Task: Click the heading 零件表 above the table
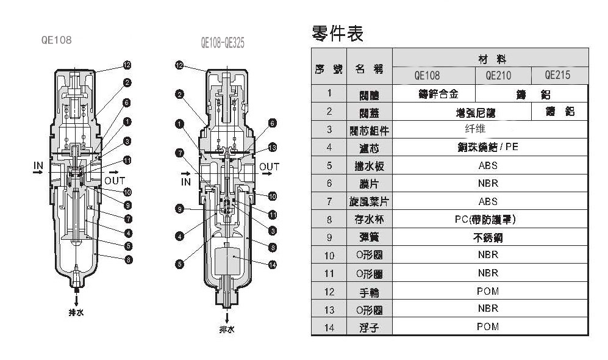[337, 34]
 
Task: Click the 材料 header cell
[491, 59]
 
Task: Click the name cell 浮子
[369, 328]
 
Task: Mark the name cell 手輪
[369, 292]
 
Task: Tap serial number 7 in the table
[329, 201]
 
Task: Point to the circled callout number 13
[273, 147]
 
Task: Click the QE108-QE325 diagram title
[223, 43]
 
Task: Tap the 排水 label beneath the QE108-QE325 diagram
[227, 329]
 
